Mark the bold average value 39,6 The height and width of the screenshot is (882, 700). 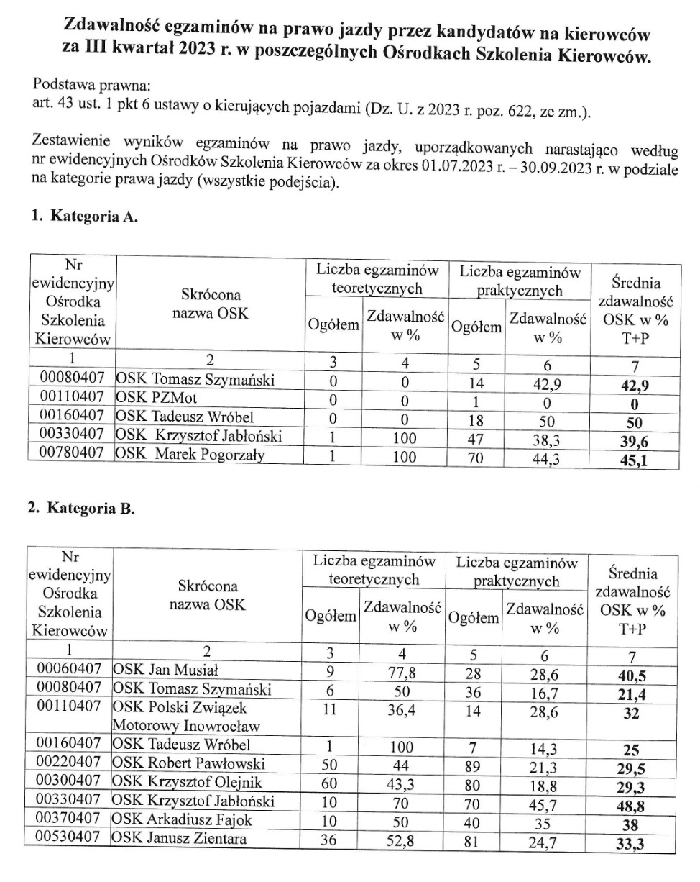tap(635, 439)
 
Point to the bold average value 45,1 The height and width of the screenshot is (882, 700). tap(635, 459)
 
